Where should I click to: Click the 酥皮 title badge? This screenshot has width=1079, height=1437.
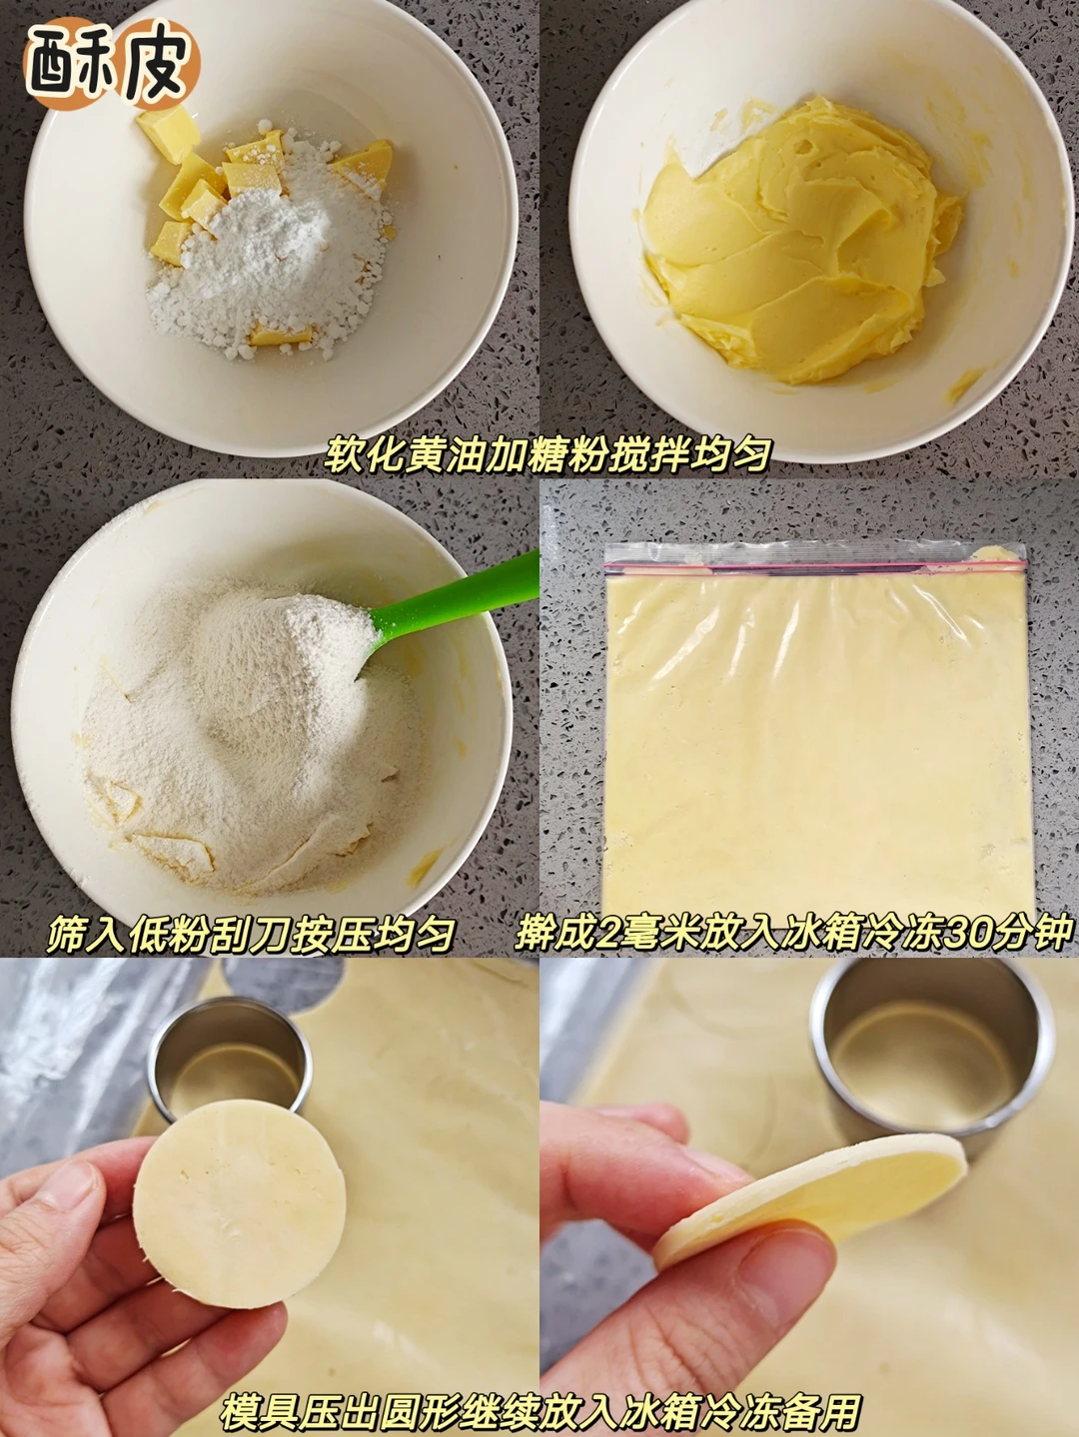coord(111,64)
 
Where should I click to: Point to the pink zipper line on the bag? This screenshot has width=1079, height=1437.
coord(815,565)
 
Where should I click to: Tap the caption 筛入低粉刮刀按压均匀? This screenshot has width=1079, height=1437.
coord(250,934)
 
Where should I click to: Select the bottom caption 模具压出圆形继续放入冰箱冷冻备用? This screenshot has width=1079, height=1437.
coord(539,1409)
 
